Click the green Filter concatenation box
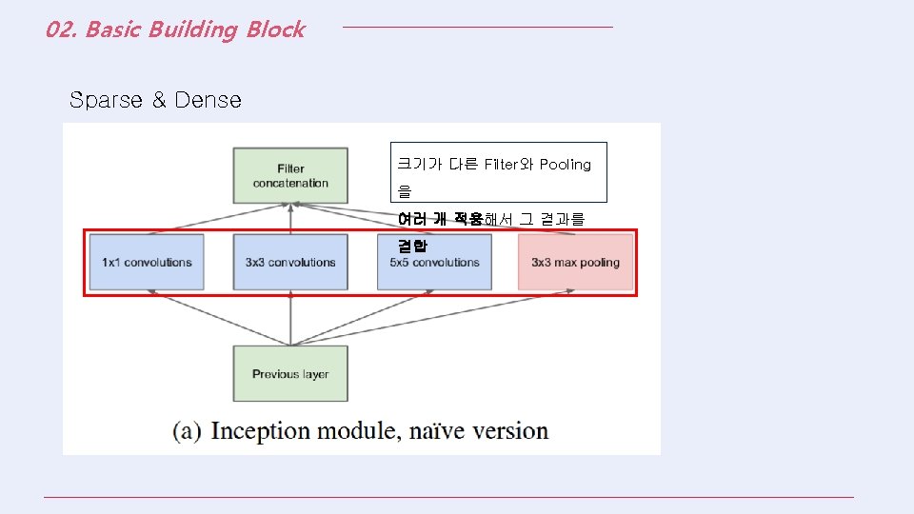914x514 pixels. click(x=290, y=176)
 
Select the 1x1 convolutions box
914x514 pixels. click(x=147, y=263)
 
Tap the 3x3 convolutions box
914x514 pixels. click(x=290, y=263)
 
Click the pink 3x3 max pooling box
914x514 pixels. click(x=575, y=263)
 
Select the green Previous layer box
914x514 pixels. click(x=290, y=373)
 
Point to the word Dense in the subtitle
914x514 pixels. click(x=208, y=100)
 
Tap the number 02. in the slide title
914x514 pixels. click(x=61, y=30)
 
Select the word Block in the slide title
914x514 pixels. click(x=275, y=30)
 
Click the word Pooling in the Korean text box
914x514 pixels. click(x=566, y=165)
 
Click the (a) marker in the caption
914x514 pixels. click(x=187, y=431)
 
